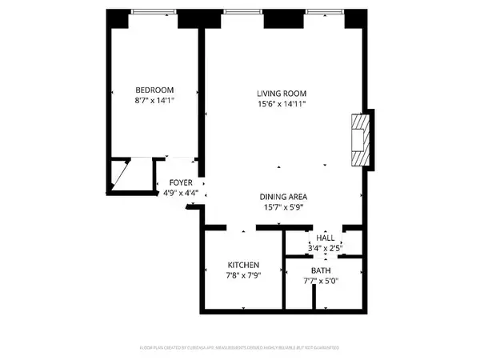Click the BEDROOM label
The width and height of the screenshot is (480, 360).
[154, 90]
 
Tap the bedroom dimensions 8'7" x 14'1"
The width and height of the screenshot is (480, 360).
[154, 101]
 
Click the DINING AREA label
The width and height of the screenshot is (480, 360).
[284, 197]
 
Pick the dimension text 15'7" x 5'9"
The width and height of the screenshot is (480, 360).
[284, 208]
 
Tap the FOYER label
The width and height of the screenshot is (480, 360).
[181, 183]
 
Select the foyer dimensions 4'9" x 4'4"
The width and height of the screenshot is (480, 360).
[181, 193]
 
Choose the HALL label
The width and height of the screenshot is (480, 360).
[326, 238]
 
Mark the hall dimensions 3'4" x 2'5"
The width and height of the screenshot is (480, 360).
[326, 248]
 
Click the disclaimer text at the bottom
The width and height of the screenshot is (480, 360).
[239, 349]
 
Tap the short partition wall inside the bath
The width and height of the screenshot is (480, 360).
[315, 297]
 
